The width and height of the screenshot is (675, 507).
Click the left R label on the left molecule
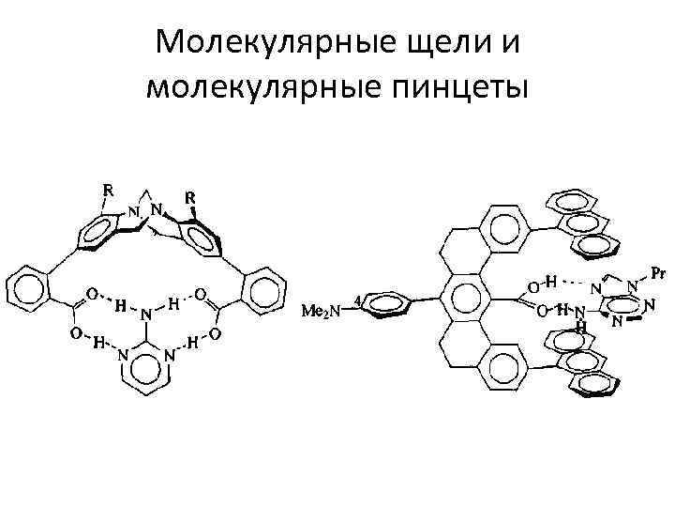click(108, 189)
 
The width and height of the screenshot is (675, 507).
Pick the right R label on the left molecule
click(189, 198)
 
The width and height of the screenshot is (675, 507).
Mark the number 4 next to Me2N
click(358, 300)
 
